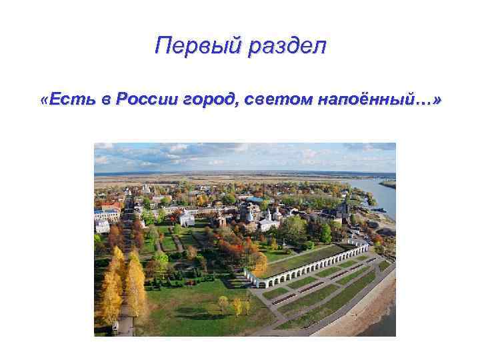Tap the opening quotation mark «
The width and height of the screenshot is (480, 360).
point(43,99)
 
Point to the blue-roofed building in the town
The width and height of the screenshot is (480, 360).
point(255,199)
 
